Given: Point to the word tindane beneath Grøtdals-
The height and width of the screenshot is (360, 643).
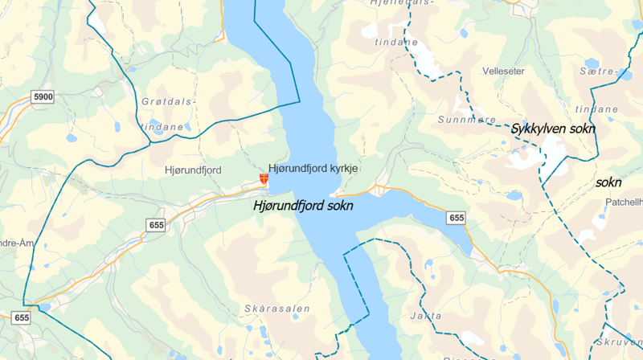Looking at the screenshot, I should [x=162, y=127].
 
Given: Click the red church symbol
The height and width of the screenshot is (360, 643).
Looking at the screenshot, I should [x=264, y=179].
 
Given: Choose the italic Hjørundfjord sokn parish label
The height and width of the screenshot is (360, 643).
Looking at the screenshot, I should [x=303, y=206].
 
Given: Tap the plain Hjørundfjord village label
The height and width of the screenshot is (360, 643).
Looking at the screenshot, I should [x=192, y=170].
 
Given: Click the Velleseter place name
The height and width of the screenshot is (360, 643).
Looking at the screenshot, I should [x=503, y=72].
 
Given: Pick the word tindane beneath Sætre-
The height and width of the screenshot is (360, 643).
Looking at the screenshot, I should [x=597, y=108].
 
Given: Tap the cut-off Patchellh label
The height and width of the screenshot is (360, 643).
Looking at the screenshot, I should [x=623, y=202].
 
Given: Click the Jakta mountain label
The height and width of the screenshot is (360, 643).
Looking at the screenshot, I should [x=425, y=316].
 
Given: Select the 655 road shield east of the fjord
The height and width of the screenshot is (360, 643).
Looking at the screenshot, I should [x=457, y=218].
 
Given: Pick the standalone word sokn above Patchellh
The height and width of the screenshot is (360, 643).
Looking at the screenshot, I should [x=608, y=182].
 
